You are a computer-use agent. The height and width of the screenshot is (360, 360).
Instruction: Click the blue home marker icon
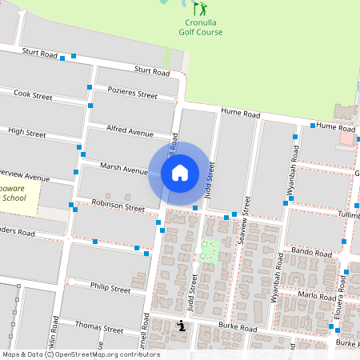click(x=179, y=173)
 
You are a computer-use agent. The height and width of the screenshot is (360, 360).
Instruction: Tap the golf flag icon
click(x=201, y=9)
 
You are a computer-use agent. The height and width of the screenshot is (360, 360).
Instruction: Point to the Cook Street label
click(x=33, y=95)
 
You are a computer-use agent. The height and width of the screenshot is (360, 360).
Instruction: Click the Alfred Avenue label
click(x=130, y=130)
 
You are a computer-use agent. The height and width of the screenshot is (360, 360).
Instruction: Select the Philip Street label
click(x=110, y=287)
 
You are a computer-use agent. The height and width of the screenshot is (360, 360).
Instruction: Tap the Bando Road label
click(x=311, y=253)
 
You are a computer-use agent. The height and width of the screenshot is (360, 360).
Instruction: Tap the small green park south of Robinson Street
click(x=210, y=250)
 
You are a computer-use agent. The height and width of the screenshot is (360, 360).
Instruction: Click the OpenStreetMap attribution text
click(x=82, y=354)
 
